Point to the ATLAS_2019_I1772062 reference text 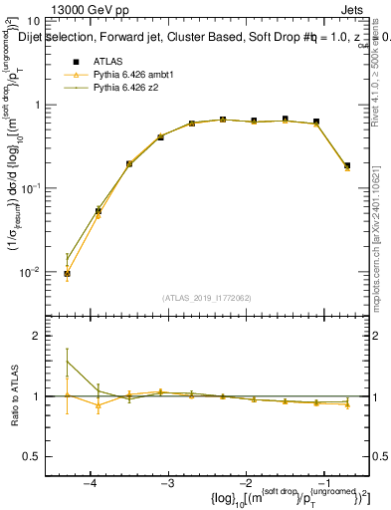206,297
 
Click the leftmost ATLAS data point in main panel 67,273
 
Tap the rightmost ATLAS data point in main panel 346,165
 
